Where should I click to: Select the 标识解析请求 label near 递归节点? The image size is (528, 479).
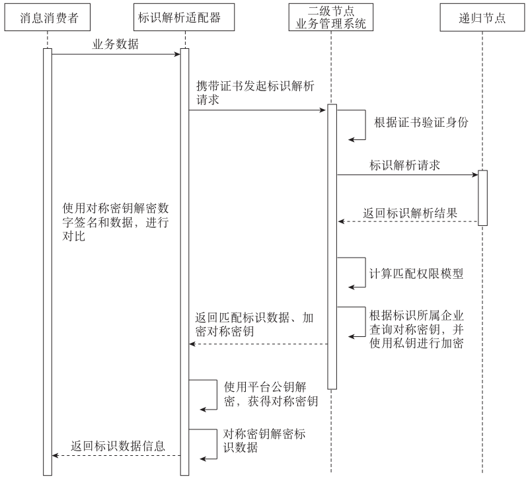click(405, 165)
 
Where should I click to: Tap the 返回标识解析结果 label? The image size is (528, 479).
click(410, 213)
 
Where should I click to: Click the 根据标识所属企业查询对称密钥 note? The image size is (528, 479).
click(416, 328)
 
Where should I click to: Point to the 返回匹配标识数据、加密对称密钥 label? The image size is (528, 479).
click(254, 325)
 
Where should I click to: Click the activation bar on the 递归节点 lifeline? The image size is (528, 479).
click(482, 198)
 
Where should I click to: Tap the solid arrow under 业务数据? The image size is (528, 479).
click(116, 54)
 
